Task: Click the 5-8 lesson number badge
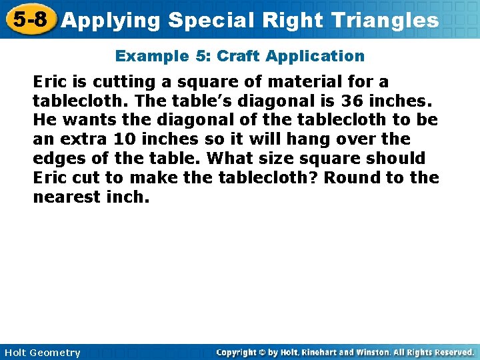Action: click(29, 19)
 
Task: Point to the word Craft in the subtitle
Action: click(238, 57)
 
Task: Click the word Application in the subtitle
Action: click(315, 57)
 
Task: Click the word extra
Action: click(79, 139)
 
